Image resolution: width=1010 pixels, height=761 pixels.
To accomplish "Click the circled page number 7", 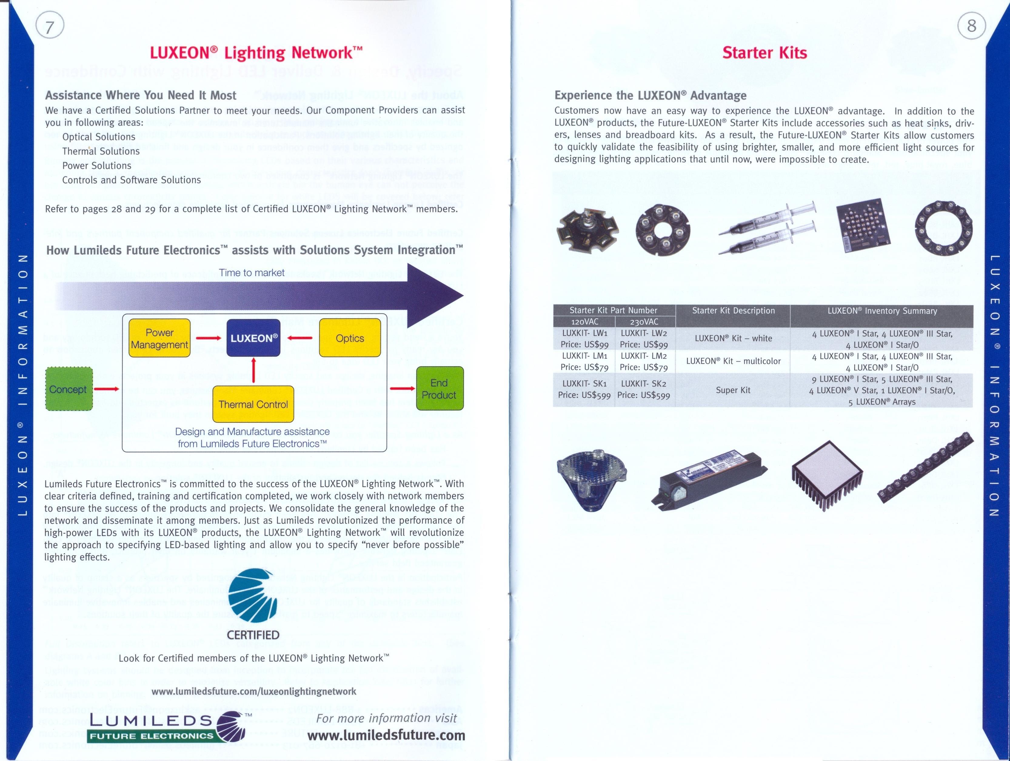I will [x=49, y=25].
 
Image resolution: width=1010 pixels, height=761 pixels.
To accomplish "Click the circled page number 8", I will [x=972, y=25].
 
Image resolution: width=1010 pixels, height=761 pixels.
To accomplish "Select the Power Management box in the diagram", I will [x=159, y=338].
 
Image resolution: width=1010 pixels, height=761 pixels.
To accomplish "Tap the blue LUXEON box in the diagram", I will [x=253, y=338].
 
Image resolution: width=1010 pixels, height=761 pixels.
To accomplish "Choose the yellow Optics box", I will [x=350, y=338].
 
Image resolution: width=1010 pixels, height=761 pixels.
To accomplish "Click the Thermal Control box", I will [x=253, y=404].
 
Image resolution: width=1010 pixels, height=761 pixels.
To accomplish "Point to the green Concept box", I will [x=69, y=389].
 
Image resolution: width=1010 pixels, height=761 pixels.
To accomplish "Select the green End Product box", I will [x=439, y=389].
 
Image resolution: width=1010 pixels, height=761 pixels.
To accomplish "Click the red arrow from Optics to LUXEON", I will [x=300, y=338].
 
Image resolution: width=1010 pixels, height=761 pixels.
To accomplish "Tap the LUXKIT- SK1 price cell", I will [x=584, y=390].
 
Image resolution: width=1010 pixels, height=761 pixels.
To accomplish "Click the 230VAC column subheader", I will [x=644, y=322].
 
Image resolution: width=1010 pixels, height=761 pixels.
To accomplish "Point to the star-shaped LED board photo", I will [x=587, y=230].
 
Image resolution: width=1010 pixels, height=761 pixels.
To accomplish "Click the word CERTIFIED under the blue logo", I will [x=253, y=635].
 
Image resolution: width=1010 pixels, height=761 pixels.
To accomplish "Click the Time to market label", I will [x=252, y=273].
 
